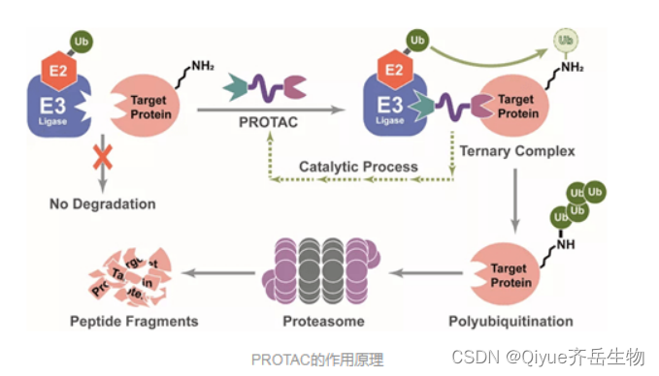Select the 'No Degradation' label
(x=102, y=204)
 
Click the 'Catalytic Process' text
(x=358, y=167)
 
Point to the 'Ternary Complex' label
(x=517, y=151)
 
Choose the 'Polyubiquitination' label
(x=511, y=321)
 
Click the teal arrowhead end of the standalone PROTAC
(x=236, y=90)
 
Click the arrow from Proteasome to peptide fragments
(x=218, y=272)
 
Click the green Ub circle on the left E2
(x=82, y=41)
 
